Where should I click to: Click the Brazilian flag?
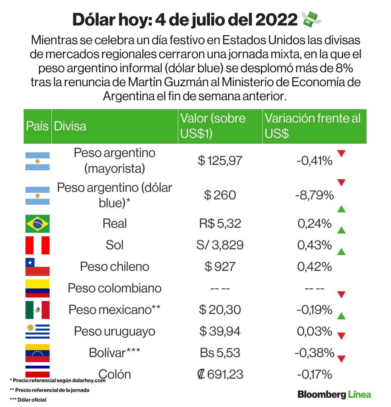(38, 223)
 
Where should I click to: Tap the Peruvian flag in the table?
(38, 245)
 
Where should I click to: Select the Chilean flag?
(38, 266)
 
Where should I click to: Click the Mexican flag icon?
(38, 310)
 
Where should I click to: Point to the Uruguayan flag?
(38, 331)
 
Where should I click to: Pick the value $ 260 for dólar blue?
(220, 195)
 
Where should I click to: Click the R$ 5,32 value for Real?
(220, 223)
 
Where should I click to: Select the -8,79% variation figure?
(314, 195)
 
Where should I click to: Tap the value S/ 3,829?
(220, 245)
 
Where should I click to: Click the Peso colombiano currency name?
(115, 288)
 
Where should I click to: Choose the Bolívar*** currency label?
(114, 353)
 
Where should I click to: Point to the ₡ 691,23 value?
(220, 374)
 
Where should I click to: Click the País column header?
(37, 126)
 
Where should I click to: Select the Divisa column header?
(70, 126)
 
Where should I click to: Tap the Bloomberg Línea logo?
(334, 395)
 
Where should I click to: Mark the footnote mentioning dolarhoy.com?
(58, 380)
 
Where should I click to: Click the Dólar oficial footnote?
(28, 400)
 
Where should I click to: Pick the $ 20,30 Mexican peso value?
(220, 310)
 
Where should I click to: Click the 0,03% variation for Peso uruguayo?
(314, 331)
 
